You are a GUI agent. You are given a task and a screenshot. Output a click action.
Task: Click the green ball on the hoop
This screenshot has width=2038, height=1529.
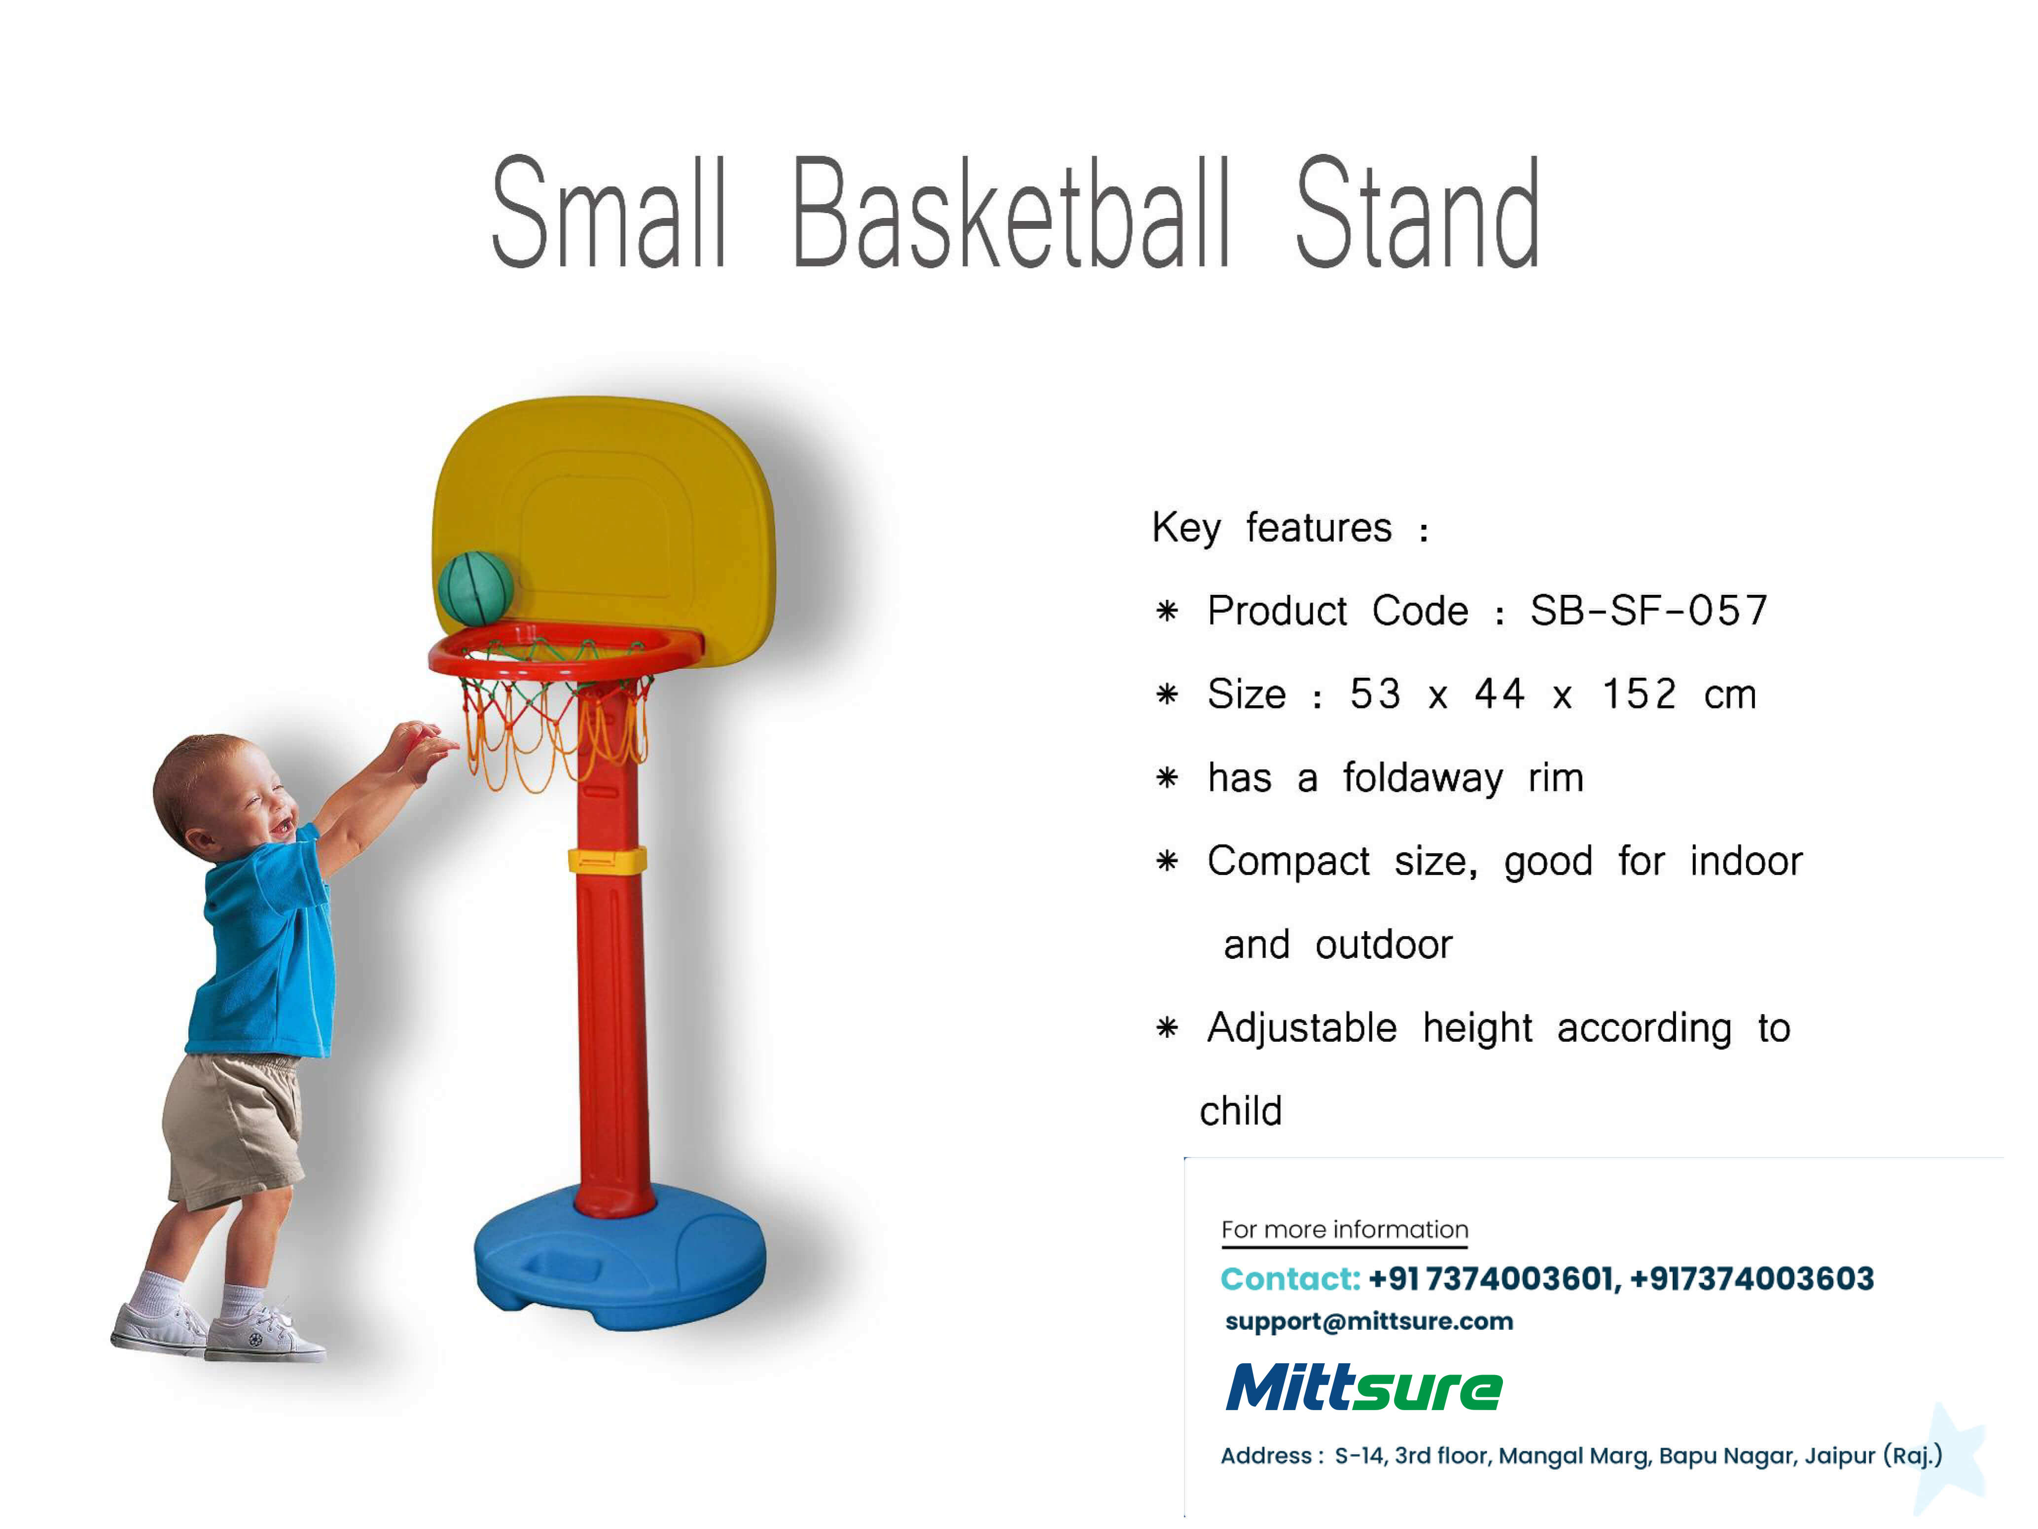pyautogui.click(x=475, y=588)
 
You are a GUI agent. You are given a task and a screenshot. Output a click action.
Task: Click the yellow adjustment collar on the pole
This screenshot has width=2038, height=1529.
pyautogui.click(x=607, y=861)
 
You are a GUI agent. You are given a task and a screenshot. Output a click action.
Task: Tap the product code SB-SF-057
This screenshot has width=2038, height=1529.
pyautogui.click(x=1649, y=610)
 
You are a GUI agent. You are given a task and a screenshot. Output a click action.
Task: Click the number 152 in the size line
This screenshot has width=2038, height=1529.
pyautogui.click(x=1640, y=694)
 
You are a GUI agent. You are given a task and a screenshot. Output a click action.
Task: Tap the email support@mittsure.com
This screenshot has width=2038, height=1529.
pyautogui.click(x=1369, y=1322)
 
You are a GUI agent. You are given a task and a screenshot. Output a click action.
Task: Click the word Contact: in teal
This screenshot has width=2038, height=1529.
pyautogui.click(x=1290, y=1279)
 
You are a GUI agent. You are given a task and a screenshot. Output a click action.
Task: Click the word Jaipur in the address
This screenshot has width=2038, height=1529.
pyautogui.click(x=1841, y=1456)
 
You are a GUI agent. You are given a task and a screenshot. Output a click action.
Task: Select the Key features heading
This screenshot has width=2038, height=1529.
pyautogui.click(x=1290, y=528)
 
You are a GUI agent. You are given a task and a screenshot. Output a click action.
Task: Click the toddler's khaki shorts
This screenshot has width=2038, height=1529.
pyautogui.click(x=233, y=1129)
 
